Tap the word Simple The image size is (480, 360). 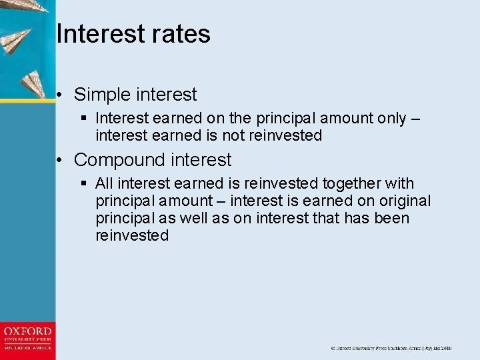104,95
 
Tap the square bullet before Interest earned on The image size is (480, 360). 83,119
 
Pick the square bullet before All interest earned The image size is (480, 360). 83,183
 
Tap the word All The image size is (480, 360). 105,183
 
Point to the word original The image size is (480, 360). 405,201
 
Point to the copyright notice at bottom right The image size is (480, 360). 391,349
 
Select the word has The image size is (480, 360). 357,219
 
